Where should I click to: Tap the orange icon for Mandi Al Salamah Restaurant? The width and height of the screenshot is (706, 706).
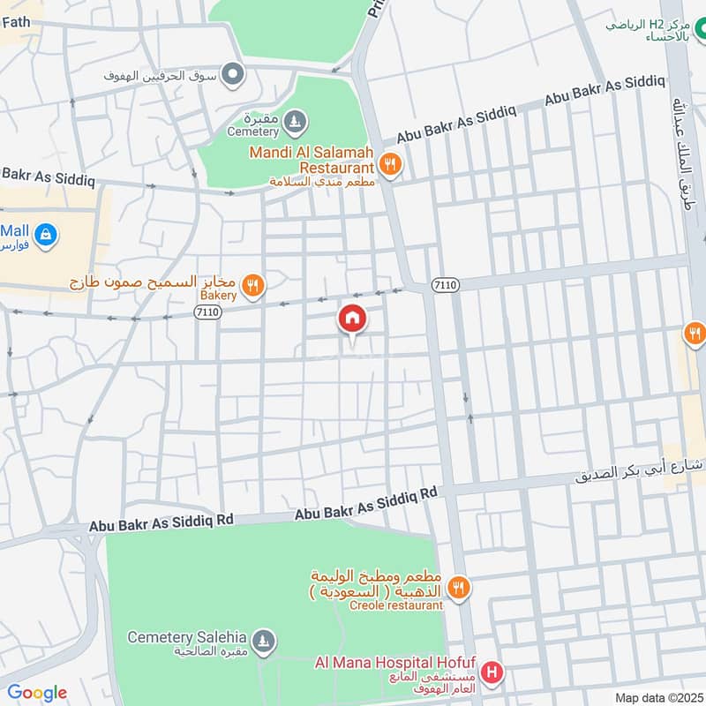click(389, 163)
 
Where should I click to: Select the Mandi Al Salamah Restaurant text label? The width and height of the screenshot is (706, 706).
click(312, 159)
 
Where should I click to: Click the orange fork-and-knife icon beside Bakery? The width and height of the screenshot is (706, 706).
click(253, 285)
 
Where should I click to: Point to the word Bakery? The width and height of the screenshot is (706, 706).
click(218, 297)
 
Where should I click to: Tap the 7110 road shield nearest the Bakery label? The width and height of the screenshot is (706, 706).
click(207, 312)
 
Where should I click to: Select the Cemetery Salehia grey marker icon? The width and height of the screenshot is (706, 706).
click(262, 638)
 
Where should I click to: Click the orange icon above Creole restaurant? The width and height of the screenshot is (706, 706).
click(458, 586)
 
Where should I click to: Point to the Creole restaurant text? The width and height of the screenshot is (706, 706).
click(395, 605)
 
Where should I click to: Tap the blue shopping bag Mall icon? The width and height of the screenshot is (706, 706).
click(48, 236)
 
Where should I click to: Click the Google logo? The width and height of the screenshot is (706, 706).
click(36, 693)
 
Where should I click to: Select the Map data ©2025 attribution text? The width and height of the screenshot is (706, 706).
click(657, 697)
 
